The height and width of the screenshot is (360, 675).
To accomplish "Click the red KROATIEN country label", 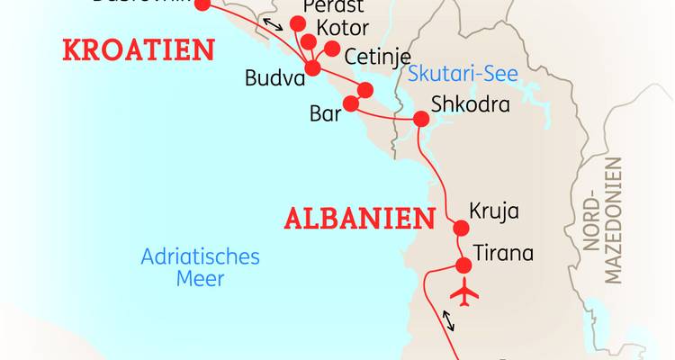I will (139, 49).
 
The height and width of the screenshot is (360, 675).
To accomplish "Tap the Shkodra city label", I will (470, 105).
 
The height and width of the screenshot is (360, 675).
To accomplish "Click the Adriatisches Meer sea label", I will (200, 267).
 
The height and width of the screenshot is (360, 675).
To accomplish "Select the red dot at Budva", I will (313, 68).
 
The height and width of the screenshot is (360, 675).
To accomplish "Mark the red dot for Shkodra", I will (419, 119).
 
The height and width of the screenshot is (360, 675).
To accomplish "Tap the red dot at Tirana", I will (464, 265).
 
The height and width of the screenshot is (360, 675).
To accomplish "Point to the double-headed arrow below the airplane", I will (447, 319).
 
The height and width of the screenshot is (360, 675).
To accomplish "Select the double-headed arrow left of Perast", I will (268, 22).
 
